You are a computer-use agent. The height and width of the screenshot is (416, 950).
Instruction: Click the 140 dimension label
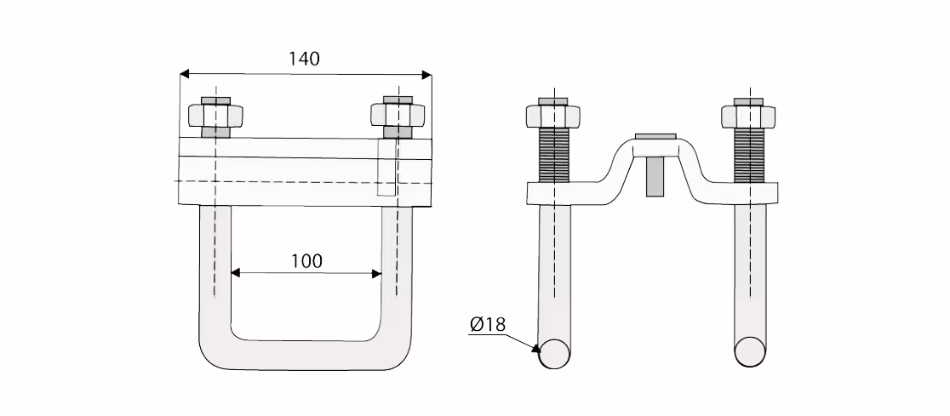click(x=304, y=59)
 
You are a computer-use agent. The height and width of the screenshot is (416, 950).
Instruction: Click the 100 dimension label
click(x=306, y=261)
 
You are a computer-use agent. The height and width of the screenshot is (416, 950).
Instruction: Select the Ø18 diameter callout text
click(x=487, y=325)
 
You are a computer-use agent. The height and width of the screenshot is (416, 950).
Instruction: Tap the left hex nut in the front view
click(x=215, y=116)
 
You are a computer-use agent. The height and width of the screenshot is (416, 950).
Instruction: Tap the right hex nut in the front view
click(x=398, y=115)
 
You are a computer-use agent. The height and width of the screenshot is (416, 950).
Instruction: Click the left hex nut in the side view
click(x=553, y=117)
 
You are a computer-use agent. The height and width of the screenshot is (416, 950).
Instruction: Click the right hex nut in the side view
click(x=748, y=117)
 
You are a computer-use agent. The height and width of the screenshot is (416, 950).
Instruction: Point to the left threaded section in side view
click(x=553, y=155)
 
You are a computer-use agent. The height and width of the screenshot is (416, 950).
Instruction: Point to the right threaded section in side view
click(x=749, y=155)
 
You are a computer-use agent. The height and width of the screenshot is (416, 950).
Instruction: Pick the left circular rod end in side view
click(x=554, y=352)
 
